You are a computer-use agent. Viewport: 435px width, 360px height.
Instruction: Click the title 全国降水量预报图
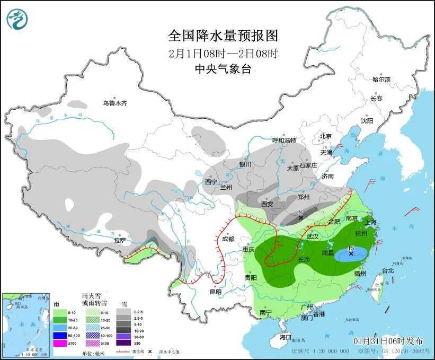[x=223, y=36]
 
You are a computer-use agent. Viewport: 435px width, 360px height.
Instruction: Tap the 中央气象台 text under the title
[x=223, y=68]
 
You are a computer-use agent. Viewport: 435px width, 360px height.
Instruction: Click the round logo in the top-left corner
[x=17, y=20]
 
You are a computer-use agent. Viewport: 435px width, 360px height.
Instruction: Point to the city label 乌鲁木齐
[x=115, y=103]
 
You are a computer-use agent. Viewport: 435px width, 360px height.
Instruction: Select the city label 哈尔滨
[x=381, y=80]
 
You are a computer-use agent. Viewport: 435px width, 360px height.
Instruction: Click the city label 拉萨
[x=120, y=240]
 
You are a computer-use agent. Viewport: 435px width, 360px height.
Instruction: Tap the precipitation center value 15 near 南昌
[x=351, y=248]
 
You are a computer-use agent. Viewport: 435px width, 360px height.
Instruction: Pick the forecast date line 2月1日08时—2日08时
[x=223, y=52]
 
